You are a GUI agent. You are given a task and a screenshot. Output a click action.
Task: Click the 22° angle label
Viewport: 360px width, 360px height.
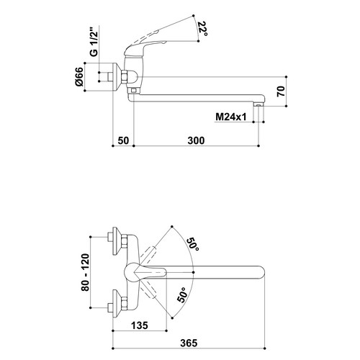click(x=203, y=29)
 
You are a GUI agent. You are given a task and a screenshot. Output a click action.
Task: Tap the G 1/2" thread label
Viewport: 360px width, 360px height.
click(x=95, y=43)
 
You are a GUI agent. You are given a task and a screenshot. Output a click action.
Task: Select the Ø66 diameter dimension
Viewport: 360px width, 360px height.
click(x=79, y=76)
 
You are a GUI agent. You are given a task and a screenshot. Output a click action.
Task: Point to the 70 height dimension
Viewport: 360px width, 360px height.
click(x=281, y=91)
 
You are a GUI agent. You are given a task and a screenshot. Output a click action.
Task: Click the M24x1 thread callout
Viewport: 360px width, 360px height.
click(x=231, y=117)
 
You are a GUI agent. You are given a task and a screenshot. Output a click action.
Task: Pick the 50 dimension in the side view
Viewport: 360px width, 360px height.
click(x=123, y=140)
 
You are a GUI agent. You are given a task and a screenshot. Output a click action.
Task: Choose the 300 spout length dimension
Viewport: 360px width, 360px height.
click(x=196, y=140)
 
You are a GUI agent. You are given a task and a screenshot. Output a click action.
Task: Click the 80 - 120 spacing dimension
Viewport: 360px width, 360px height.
click(x=85, y=272)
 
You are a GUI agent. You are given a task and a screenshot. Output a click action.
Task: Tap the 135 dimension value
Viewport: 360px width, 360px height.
click(x=140, y=325)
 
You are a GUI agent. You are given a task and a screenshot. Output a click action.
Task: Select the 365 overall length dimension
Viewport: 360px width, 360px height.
click(x=189, y=343)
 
